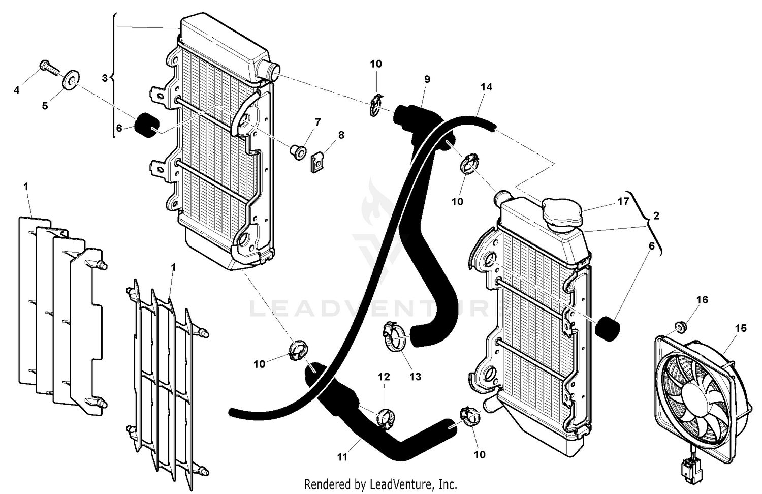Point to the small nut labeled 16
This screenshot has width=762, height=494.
tap(680, 326)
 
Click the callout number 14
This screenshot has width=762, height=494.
tap(486, 87)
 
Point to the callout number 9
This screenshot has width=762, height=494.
tap(427, 79)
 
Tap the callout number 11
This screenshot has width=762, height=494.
tap(342, 457)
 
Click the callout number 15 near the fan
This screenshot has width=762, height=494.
tap(741, 328)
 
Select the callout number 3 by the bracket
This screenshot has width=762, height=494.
tap(105, 78)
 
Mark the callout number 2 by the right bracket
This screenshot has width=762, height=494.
tap(656, 215)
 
